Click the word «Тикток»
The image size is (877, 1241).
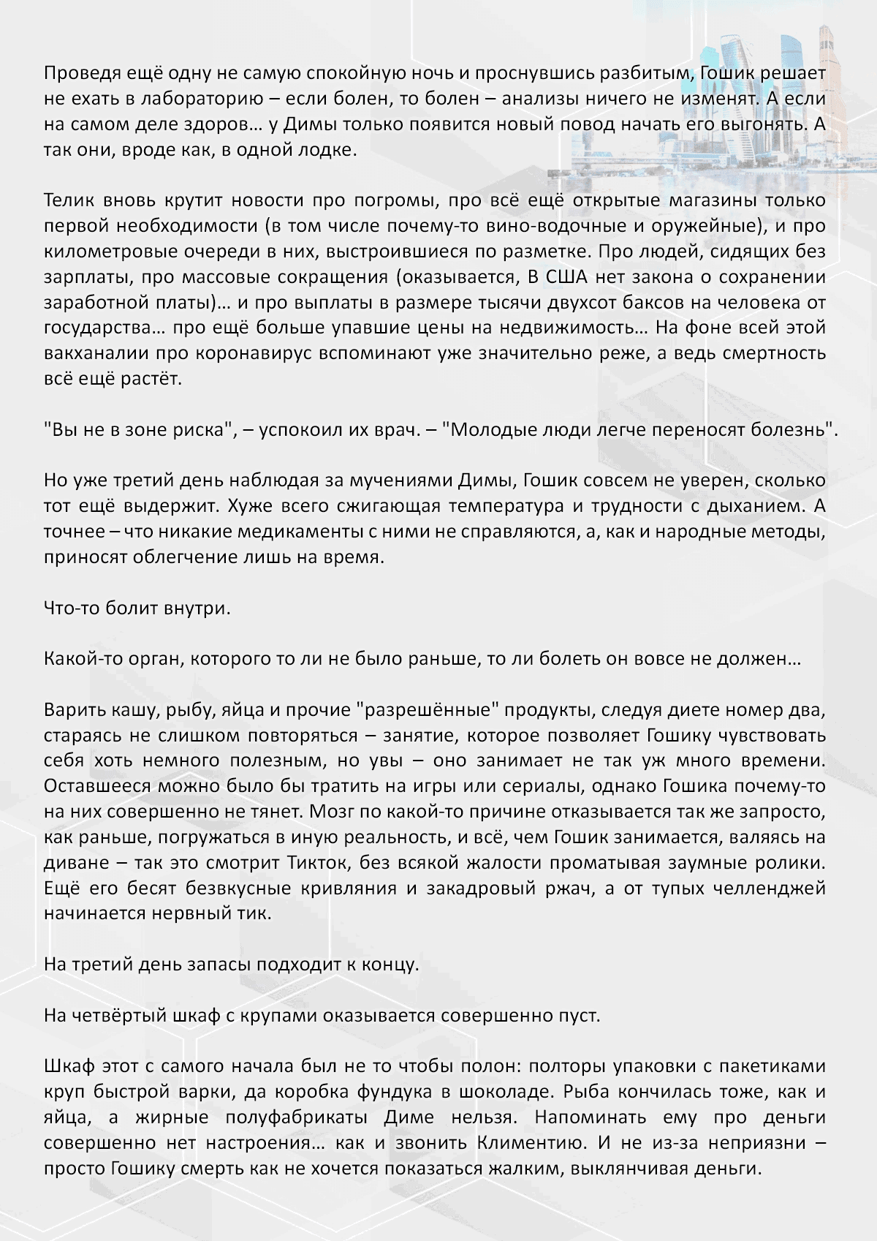click(316, 863)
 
